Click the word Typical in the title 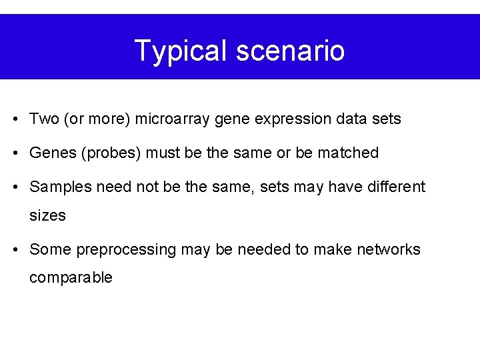point(176,51)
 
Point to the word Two point(45,119)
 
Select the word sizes point(47,215)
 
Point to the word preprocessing point(125,250)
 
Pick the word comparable point(71,278)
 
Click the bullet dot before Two point(15,120)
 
